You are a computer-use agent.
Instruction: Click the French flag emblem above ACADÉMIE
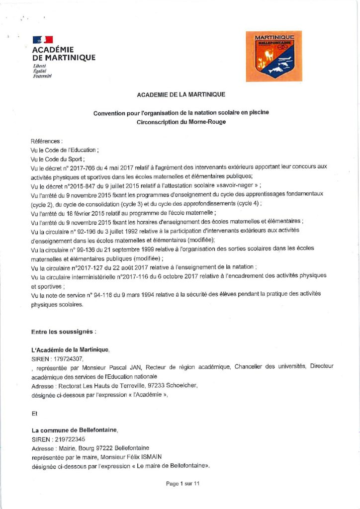point(42,40)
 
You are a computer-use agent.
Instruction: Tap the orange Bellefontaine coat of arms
point(274,56)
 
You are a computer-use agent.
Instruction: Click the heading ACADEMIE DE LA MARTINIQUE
point(181,94)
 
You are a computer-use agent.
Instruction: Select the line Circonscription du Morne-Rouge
point(181,122)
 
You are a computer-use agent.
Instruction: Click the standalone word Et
point(34,412)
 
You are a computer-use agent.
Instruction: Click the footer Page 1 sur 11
point(182,484)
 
